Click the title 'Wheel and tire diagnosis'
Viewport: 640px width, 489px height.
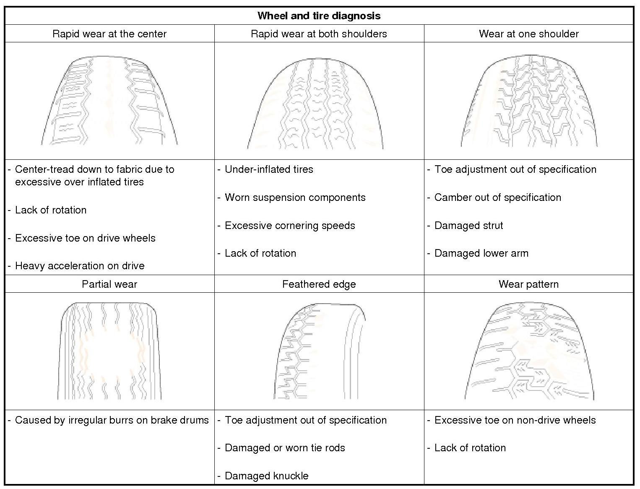tap(319, 16)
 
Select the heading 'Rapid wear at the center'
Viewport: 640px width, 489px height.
tap(109, 34)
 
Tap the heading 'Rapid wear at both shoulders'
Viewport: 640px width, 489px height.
tap(319, 34)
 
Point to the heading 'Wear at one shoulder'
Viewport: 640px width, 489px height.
tap(528, 34)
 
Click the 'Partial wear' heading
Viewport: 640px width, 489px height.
tap(109, 284)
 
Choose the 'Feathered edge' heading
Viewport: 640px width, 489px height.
tap(319, 284)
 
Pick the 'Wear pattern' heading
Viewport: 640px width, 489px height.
tap(528, 284)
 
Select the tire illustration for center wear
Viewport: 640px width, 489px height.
tap(109, 101)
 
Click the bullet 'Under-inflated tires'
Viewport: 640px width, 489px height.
tap(269, 169)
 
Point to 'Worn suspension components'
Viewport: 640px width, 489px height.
tap(295, 198)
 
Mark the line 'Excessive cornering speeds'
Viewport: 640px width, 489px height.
tap(290, 226)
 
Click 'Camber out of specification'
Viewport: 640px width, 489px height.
tap(497, 198)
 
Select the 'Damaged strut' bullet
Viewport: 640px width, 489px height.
tap(468, 226)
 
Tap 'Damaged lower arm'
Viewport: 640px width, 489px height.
tap(481, 253)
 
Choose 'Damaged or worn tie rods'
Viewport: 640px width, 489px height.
tap(285, 448)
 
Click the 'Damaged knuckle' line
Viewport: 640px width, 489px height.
tap(266, 476)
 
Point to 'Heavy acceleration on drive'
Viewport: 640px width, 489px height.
tap(80, 266)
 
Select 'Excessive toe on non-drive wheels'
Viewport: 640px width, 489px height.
tap(515, 420)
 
